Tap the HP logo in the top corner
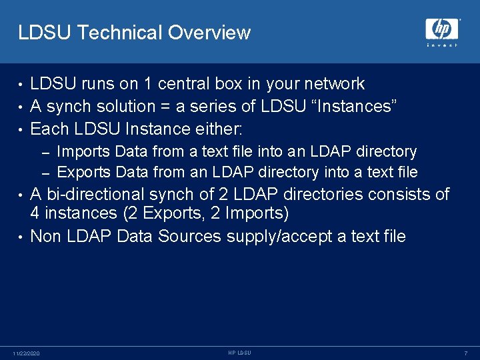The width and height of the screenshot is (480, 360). point(442,30)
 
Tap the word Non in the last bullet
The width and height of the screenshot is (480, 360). point(45,236)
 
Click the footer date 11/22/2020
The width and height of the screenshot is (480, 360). point(26,353)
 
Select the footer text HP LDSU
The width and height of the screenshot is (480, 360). point(239,352)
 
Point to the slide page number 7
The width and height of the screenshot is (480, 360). point(466,353)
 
